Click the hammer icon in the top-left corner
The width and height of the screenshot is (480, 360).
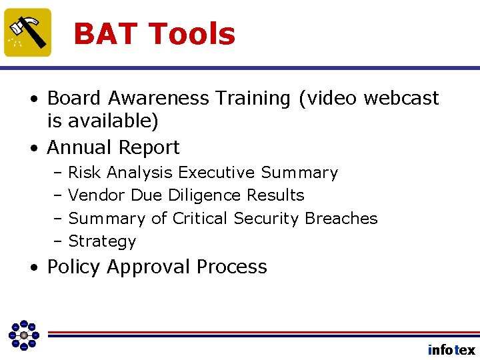tap(28, 32)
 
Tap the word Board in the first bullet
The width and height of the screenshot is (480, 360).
tap(74, 98)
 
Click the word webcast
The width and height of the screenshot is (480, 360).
tap(401, 98)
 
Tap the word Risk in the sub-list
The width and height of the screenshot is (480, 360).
tap(85, 173)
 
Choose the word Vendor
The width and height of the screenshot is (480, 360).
tap(97, 195)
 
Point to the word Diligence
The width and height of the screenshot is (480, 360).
tap(205, 195)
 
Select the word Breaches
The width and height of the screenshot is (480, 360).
tap(341, 219)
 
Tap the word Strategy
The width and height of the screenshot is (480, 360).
tap(102, 241)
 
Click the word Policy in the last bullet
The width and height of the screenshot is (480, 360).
tap(74, 267)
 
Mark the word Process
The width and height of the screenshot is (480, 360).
tap(231, 267)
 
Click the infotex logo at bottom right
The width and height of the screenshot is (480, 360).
tap(451, 349)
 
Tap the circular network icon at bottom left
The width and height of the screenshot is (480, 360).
tap(23, 335)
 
